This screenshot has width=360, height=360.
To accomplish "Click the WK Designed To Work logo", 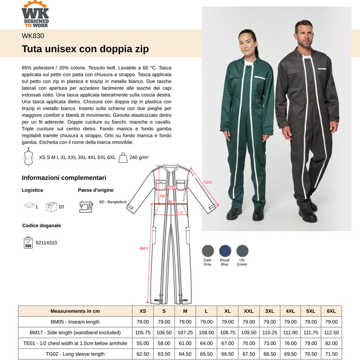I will (x=35, y=14).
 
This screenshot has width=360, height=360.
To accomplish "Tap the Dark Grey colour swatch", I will (x=207, y=251).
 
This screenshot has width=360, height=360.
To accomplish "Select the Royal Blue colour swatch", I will (x=225, y=251).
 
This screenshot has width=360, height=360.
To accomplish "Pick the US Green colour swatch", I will (x=242, y=251).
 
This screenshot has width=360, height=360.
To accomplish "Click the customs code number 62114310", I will (x=46, y=243).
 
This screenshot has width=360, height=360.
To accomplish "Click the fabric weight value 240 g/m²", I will (x=139, y=157).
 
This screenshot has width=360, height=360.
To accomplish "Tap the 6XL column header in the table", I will (x=332, y=311).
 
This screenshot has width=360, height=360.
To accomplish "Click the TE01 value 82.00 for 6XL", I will (x=332, y=343).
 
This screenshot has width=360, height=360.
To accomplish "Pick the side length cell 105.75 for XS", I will (x=143, y=333).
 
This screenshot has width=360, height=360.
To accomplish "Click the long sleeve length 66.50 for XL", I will (x=228, y=354).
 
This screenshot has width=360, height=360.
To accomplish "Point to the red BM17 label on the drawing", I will (x=144, y=248).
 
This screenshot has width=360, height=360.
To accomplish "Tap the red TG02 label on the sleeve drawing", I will (x=207, y=182).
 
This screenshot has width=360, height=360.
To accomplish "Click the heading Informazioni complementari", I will (x=64, y=178).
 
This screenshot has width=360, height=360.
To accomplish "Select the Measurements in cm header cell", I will (x=75, y=311).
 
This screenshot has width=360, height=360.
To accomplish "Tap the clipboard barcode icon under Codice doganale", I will (x=28, y=242).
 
